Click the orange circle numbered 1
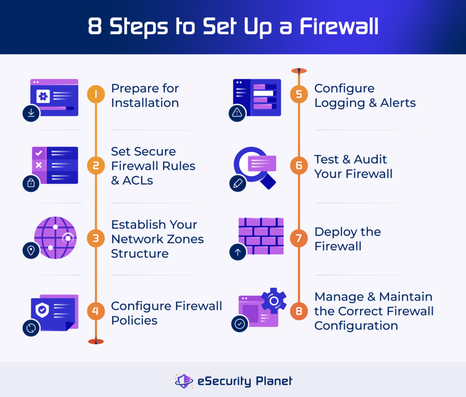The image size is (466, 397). click(x=96, y=95)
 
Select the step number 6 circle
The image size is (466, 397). click(x=299, y=166)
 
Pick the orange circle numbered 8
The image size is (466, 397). click(x=299, y=311)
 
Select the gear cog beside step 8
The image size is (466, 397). click(x=273, y=301)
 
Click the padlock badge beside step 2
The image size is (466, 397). click(x=31, y=183)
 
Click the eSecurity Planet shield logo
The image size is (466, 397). click(x=183, y=381)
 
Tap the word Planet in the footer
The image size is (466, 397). click(x=274, y=381)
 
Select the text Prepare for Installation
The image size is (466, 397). click(x=145, y=96)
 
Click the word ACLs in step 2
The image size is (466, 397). click(x=137, y=180)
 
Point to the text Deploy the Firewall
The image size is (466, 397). click(x=347, y=239)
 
